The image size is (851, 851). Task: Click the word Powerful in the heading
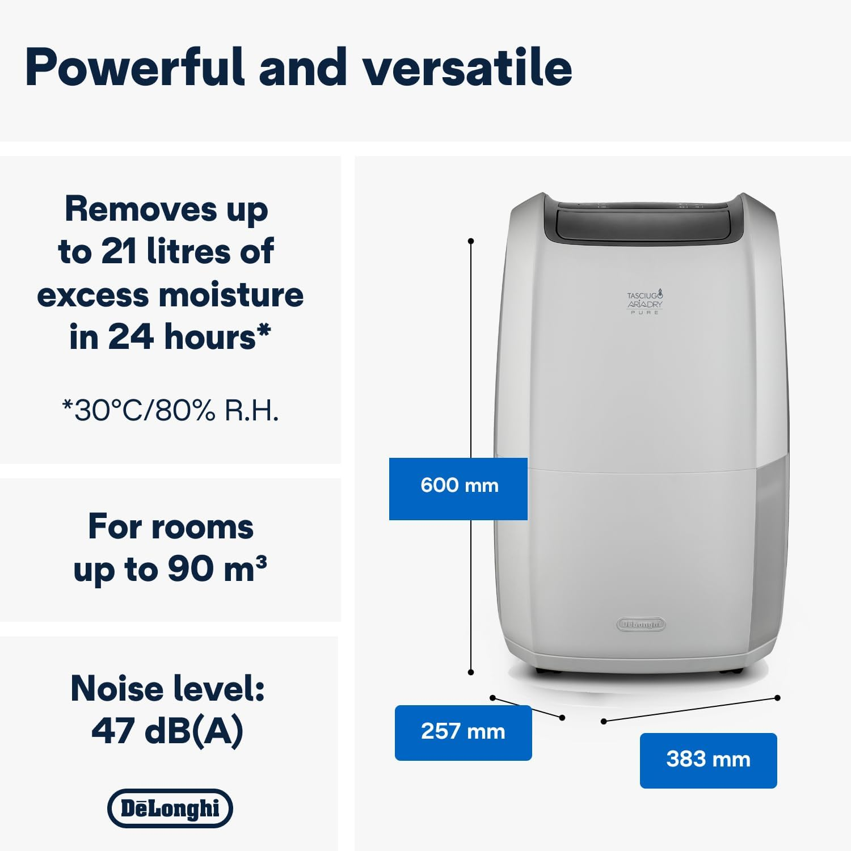[x=135, y=68]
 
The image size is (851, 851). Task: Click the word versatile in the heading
[x=467, y=68]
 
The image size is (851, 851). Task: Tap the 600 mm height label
[x=458, y=486]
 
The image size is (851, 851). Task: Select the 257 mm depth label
[x=463, y=732]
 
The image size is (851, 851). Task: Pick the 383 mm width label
[x=708, y=760]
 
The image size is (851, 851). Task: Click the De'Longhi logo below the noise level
[x=170, y=808]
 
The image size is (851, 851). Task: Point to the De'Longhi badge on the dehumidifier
[x=641, y=624]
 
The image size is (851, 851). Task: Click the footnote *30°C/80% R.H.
[x=170, y=410]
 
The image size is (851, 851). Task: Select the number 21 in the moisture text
[x=120, y=251]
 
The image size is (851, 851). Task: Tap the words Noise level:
[x=168, y=689]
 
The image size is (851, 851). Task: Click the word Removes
[x=141, y=209]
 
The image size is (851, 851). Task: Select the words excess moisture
[x=170, y=295]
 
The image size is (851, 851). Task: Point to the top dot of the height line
[x=471, y=241]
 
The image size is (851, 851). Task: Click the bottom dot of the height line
[x=471, y=672]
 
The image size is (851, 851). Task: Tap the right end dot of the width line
[x=777, y=698]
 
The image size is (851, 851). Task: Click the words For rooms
[x=171, y=526]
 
